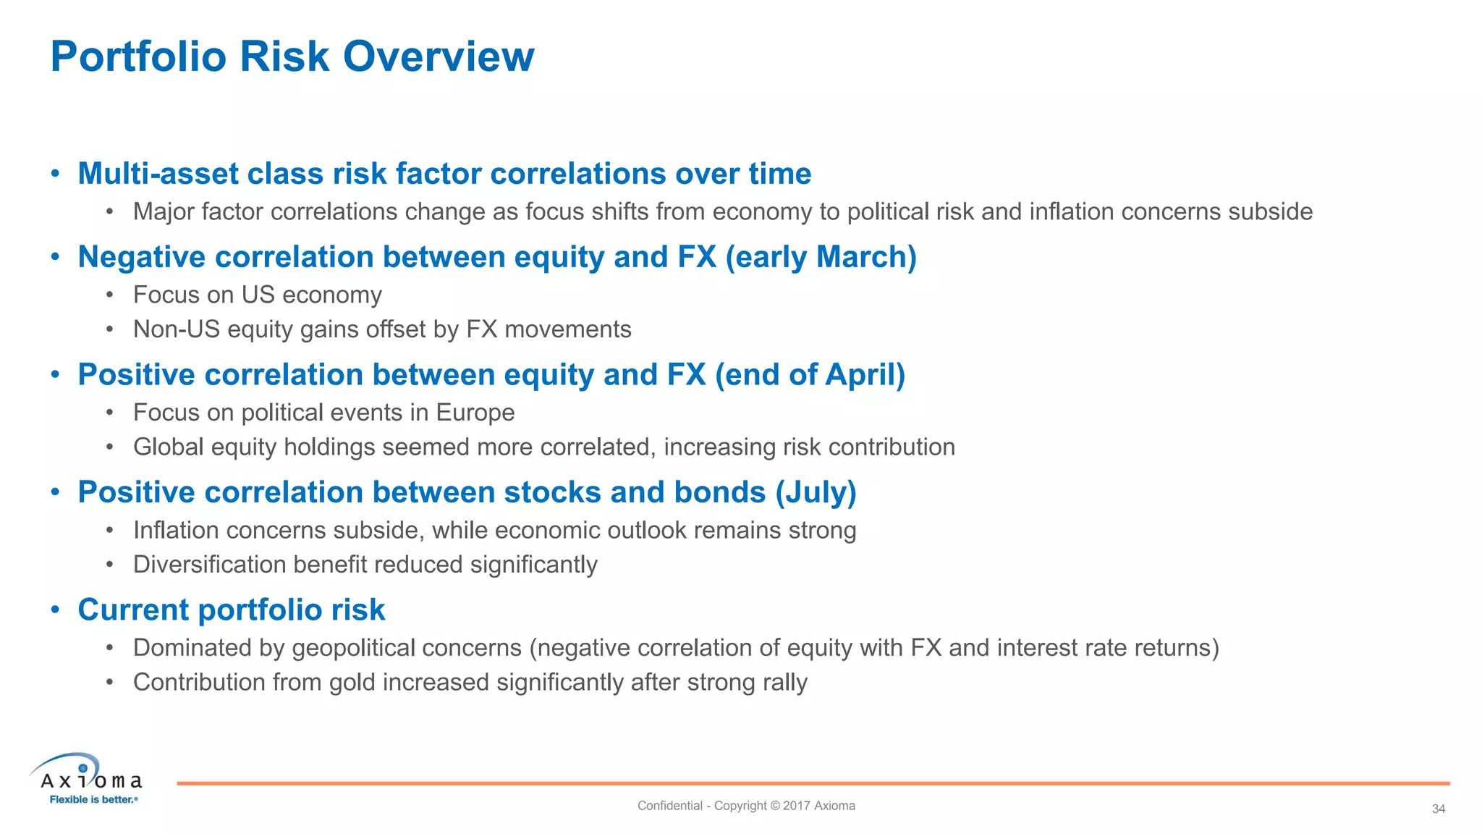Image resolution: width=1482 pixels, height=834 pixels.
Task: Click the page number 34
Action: pos(1438,809)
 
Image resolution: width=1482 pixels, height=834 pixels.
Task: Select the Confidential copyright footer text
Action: pos(745,806)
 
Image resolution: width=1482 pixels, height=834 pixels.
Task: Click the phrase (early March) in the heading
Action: pos(821,257)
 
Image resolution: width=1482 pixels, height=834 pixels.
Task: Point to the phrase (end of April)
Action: pos(810,375)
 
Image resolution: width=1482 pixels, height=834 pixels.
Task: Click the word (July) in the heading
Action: pos(816,492)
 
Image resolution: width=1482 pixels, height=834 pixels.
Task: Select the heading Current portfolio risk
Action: pos(231,610)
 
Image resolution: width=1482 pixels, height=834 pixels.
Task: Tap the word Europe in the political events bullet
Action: pos(475,413)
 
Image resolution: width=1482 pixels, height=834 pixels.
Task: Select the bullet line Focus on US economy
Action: pos(257,295)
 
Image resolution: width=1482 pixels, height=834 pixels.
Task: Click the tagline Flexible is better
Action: pos(92,799)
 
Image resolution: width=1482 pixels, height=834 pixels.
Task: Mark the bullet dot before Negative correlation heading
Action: pos(55,257)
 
